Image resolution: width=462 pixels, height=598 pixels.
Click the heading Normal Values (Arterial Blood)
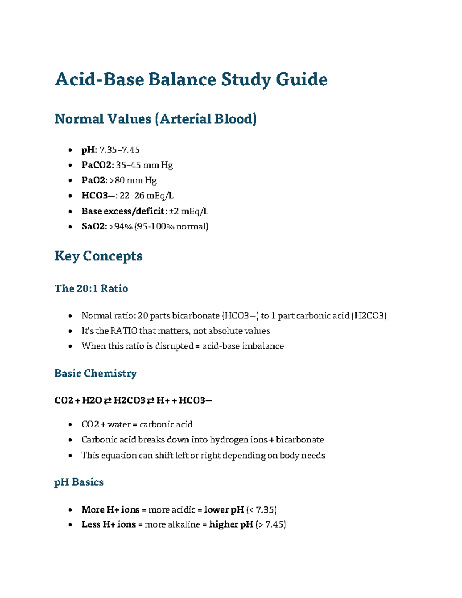[156, 119]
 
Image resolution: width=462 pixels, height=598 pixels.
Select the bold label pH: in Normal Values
[89, 150]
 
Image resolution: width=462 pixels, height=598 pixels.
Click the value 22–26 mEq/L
[147, 196]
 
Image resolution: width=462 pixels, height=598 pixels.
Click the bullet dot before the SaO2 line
[70, 227]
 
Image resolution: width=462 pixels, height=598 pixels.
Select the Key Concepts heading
[99, 256]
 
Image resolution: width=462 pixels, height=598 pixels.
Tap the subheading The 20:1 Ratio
[91, 288]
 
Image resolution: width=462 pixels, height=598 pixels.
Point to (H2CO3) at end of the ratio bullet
[369, 316]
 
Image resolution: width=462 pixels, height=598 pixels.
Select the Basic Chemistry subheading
[95, 373]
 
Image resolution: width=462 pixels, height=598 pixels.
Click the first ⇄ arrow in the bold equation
[107, 400]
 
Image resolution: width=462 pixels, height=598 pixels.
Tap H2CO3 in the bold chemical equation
[129, 400]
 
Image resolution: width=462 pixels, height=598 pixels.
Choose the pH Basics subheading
[79, 482]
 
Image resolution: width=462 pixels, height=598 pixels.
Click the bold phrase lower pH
[224, 510]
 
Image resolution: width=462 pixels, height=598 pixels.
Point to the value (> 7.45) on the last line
[270, 524]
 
